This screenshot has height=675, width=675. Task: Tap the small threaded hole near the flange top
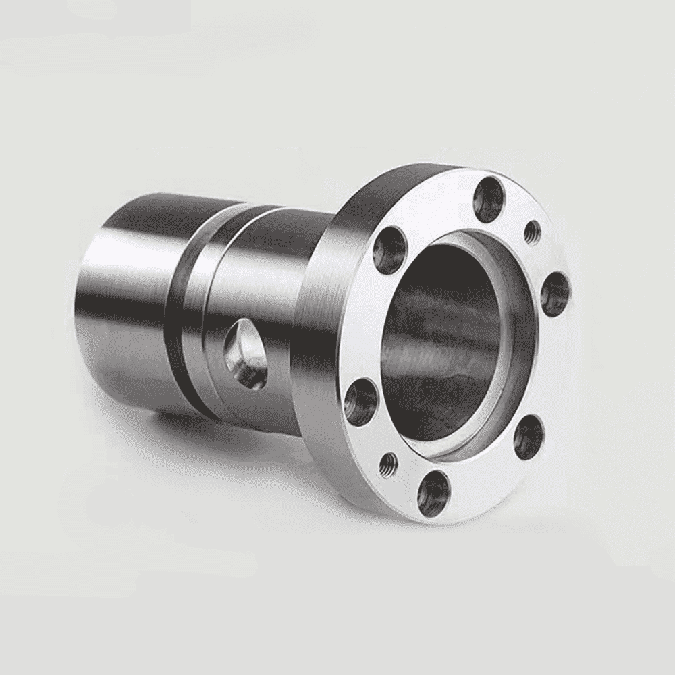tap(533, 233)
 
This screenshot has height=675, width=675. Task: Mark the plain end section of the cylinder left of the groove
tap(122, 304)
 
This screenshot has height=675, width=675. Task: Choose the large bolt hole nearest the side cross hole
tap(361, 402)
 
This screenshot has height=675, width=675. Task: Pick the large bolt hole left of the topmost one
tap(391, 250)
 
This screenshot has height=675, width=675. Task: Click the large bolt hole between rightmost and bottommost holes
tap(528, 437)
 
